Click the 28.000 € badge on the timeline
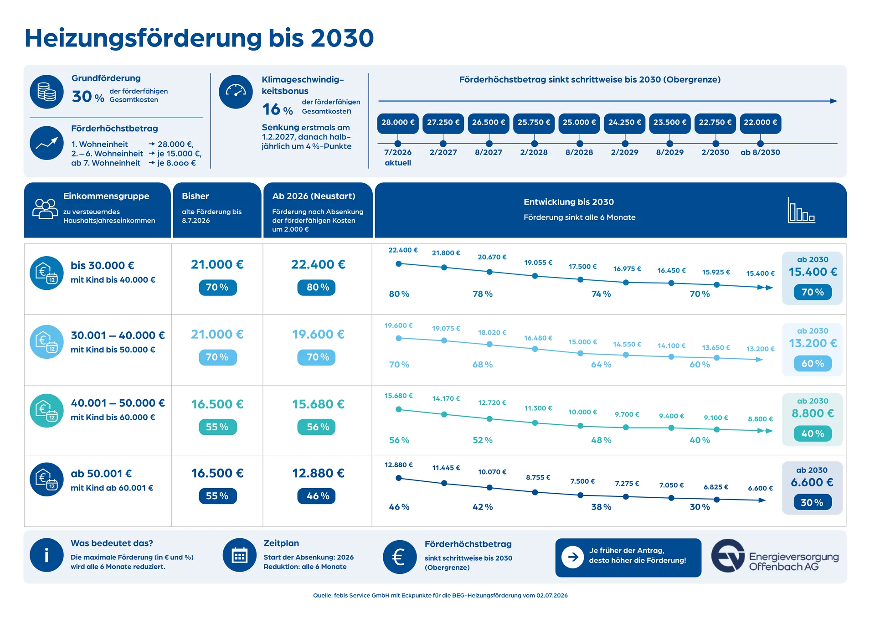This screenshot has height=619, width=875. [398, 123]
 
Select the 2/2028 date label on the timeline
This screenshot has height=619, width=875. [534, 152]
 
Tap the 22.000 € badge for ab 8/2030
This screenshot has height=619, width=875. [760, 123]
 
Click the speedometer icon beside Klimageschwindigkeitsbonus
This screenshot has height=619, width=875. [236, 92]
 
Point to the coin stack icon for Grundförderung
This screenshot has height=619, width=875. [46, 92]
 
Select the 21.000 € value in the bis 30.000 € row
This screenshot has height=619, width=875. [217, 264]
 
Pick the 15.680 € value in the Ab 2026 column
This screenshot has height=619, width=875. [318, 404]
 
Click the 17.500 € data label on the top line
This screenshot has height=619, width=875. [582, 267]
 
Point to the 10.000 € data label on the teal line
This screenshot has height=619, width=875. [582, 412]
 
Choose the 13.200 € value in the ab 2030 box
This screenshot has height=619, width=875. [813, 343]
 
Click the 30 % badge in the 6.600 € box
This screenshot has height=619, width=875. [812, 502]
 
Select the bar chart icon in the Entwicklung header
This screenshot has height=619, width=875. [801, 210]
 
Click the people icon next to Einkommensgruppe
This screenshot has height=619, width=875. [45, 209]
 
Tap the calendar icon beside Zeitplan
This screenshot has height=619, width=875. [240, 555]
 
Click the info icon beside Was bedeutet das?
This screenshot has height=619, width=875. [46, 555]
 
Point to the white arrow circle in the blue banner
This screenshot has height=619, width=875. [573, 557]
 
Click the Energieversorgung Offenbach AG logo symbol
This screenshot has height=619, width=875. [729, 556]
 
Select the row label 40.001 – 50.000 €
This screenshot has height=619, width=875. [118, 403]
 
